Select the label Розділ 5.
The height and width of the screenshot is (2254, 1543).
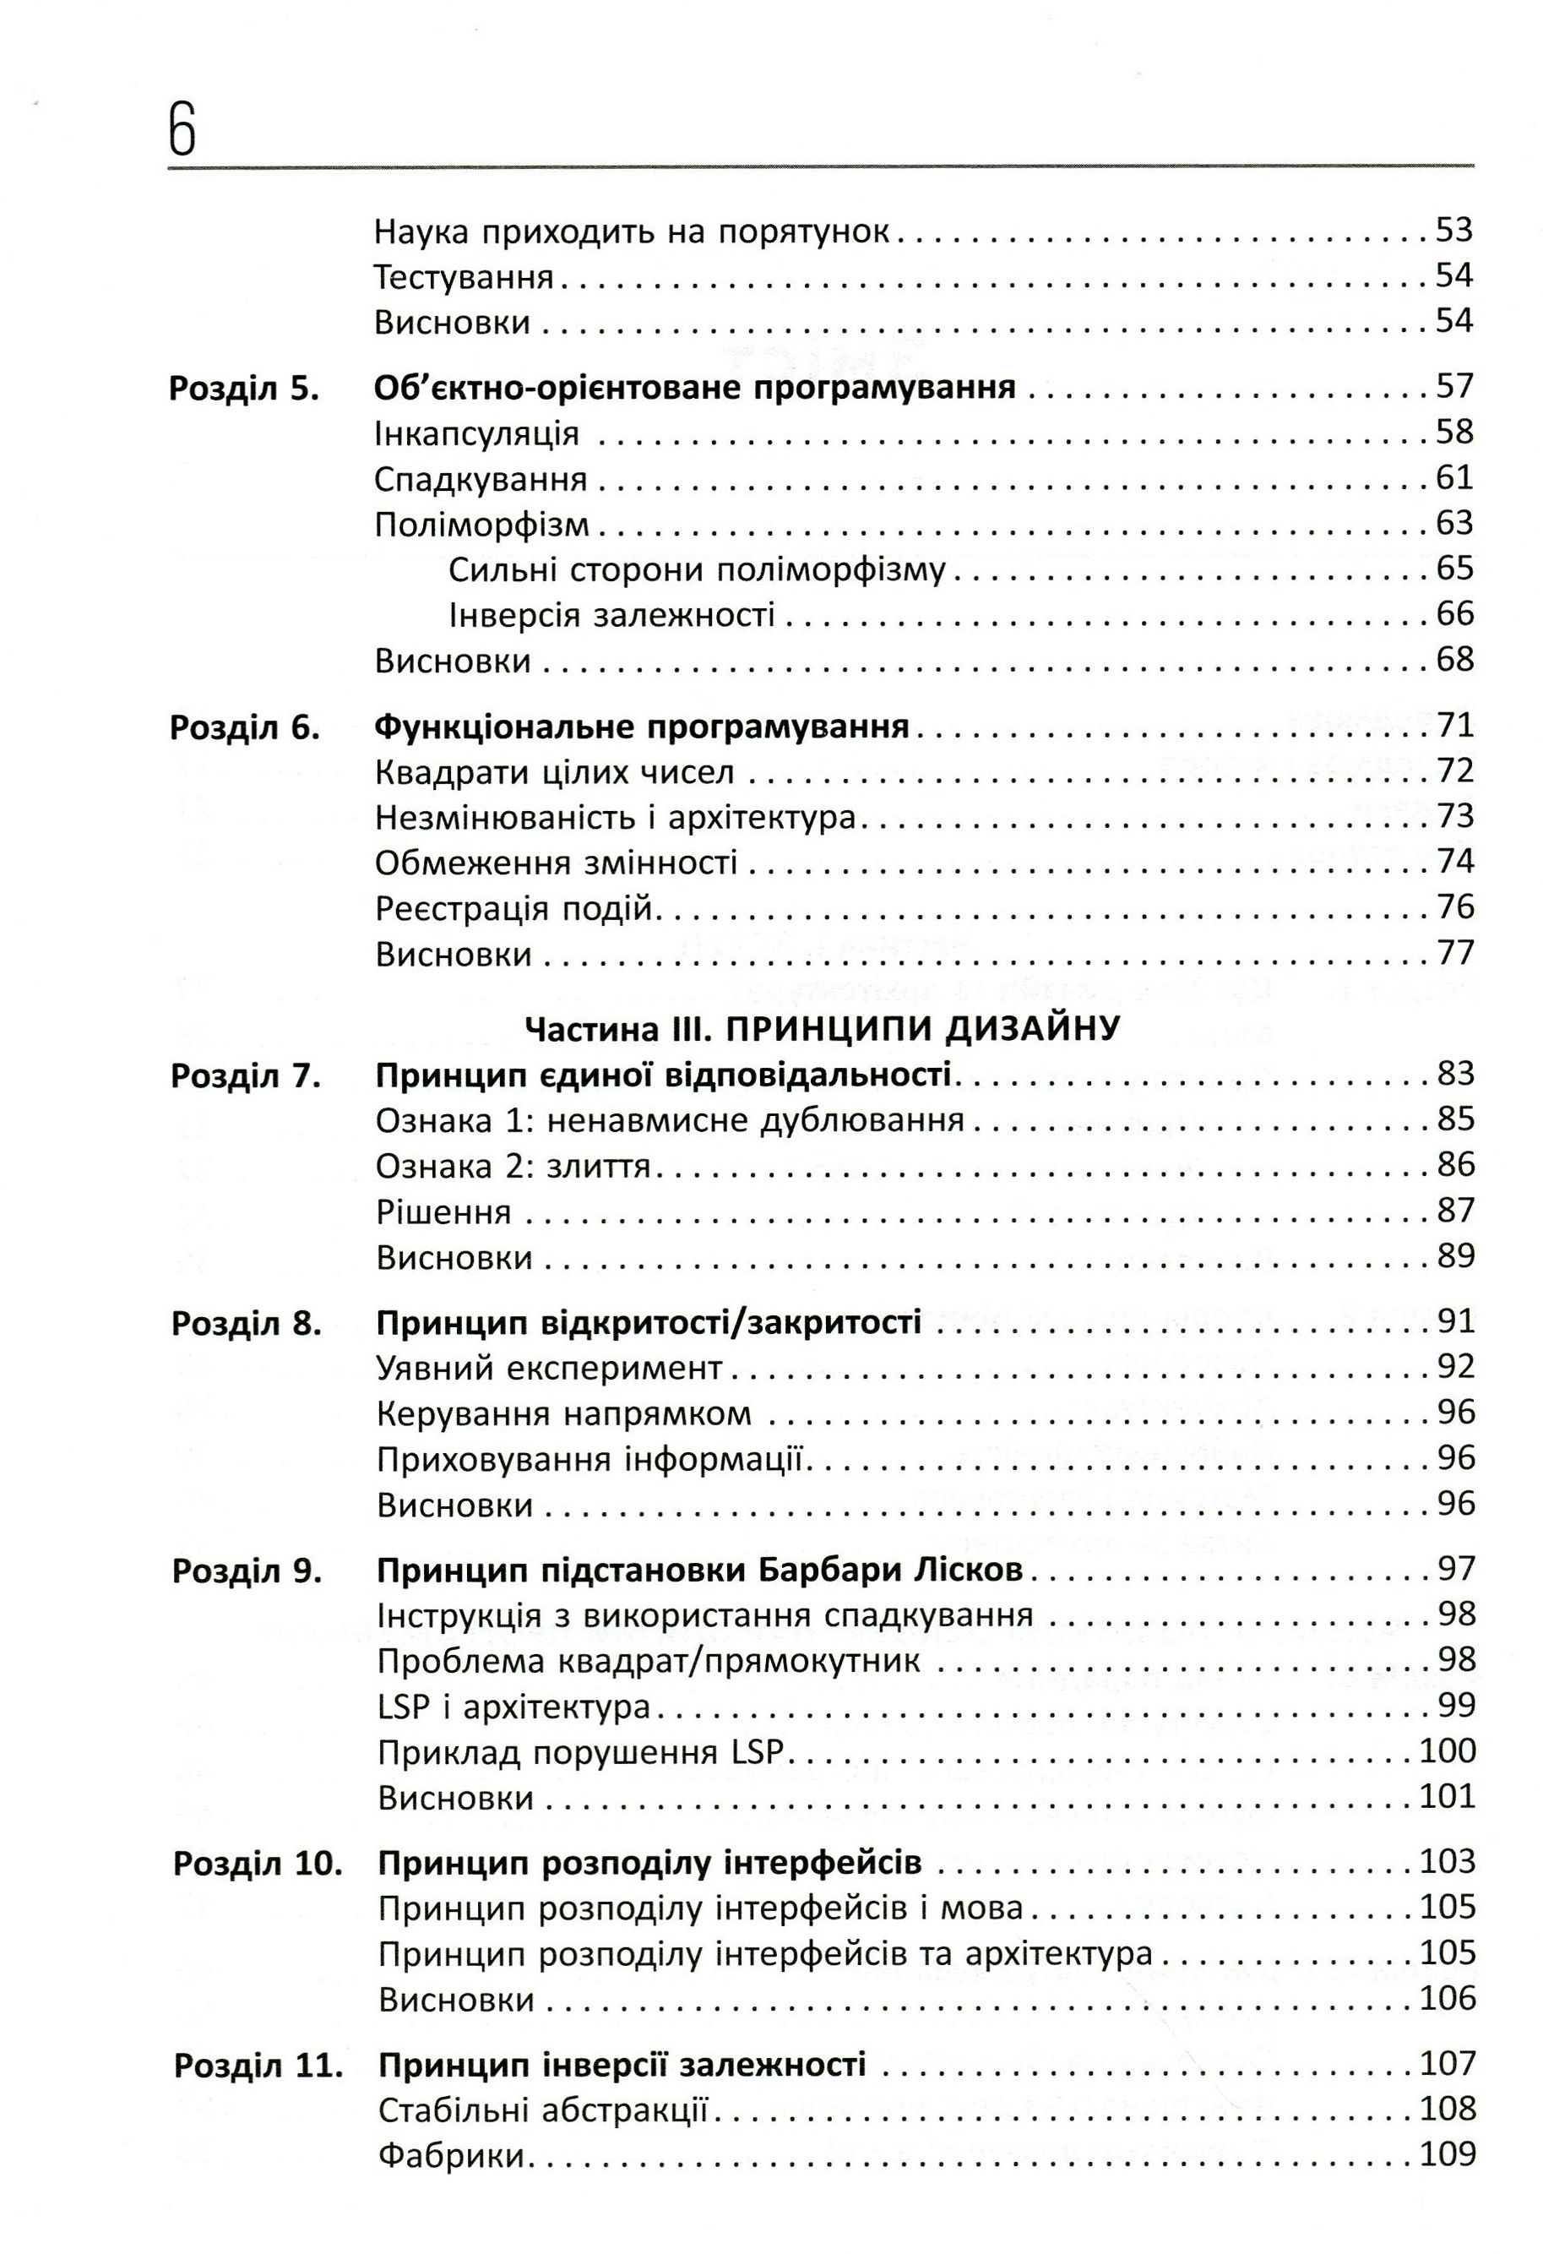243,388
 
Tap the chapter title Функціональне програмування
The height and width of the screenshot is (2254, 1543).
642,726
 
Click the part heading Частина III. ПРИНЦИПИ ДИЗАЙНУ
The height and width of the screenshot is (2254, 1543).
822,1028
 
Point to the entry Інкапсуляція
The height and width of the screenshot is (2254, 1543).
476,433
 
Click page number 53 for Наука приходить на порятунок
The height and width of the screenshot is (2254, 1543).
1453,231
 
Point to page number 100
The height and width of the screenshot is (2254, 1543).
1446,1750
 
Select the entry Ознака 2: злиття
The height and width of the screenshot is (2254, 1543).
512,1166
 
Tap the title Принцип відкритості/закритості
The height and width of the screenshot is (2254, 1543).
648,1322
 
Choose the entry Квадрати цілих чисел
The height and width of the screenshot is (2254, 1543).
554,773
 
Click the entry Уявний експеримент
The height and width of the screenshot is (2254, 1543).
549,1369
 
